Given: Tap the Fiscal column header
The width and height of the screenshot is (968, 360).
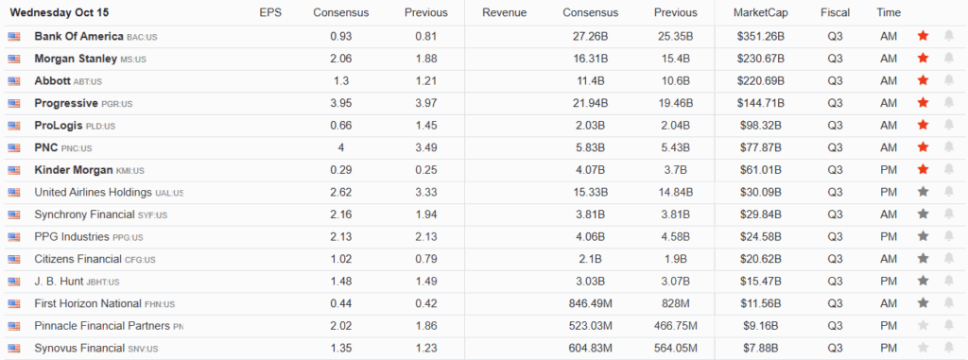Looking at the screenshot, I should [835, 12].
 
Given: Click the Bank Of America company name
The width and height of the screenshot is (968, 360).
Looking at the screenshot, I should [78, 36].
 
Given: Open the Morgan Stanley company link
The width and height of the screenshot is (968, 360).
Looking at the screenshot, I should [76, 59].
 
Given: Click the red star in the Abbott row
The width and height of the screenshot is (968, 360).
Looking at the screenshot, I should [923, 80].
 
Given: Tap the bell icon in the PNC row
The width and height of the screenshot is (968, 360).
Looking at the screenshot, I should [948, 147].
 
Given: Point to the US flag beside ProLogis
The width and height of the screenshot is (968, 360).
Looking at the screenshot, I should [13, 126].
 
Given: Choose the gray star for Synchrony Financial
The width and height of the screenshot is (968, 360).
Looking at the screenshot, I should [923, 214].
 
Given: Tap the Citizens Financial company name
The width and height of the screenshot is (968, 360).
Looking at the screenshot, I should [78, 259].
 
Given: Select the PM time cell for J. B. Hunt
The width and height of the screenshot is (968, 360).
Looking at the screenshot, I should [889, 281].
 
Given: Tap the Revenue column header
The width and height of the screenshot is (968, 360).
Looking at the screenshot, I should [504, 12].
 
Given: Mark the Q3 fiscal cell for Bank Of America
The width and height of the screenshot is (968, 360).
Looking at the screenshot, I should [835, 36].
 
